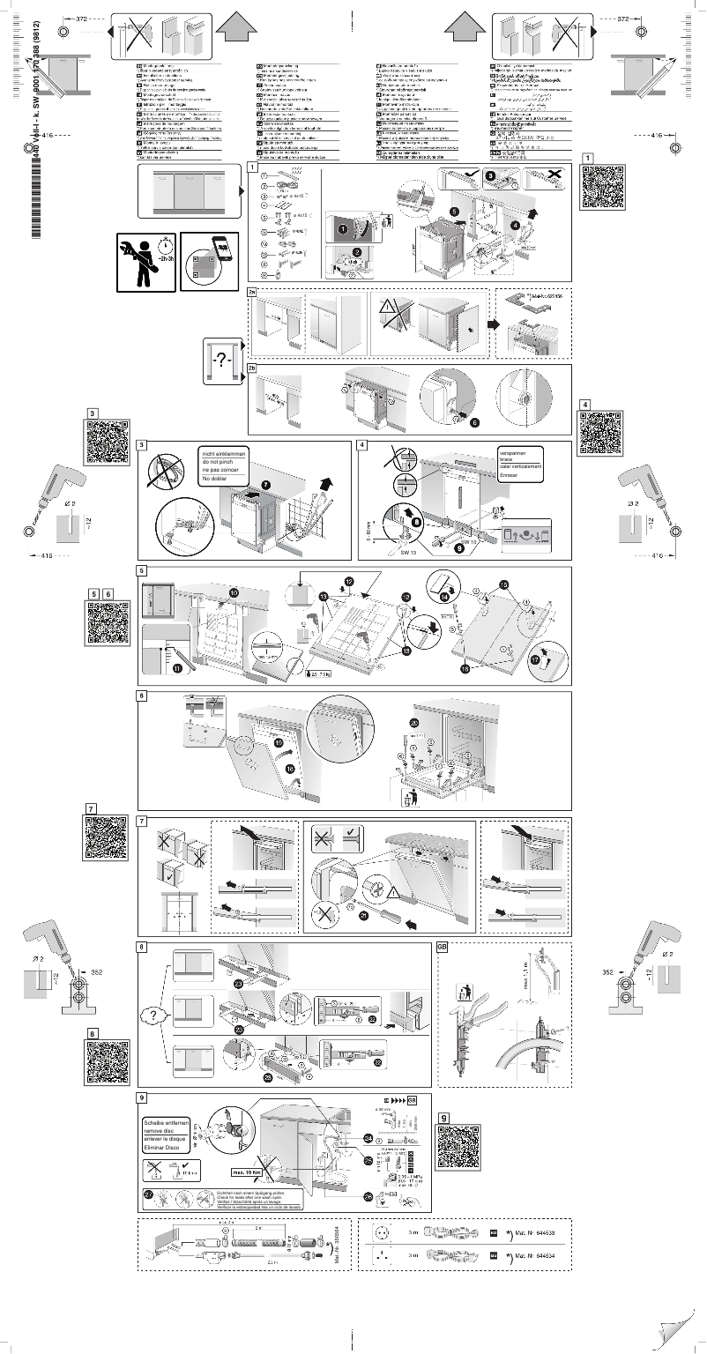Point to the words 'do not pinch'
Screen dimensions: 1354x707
point(220,461)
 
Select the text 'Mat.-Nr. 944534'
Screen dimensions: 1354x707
point(537,1254)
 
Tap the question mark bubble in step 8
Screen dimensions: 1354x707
point(153,1015)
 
